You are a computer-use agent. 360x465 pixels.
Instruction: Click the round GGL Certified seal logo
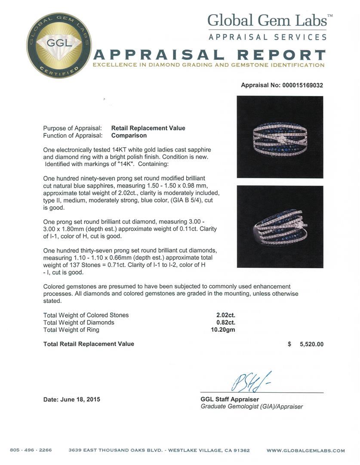[x=53, y=45]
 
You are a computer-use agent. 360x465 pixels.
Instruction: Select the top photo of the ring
[x=280, y=136]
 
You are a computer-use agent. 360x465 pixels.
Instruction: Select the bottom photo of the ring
[x=280, y=226]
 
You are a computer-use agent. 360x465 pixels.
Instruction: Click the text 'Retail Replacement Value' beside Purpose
[x=148, y=128]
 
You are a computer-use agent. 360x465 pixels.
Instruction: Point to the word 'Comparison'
[x=129, y=135]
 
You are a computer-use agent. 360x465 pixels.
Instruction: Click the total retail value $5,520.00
[x=306, y=344]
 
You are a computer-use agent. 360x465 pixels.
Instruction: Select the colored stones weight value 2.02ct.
[x=226, y=315]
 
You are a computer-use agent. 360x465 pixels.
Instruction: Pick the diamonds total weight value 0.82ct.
[x=226, y=322]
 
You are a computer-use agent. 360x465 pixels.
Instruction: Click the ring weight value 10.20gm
[x=226, y=330]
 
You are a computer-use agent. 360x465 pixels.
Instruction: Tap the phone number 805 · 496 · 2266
[x=31, y=450]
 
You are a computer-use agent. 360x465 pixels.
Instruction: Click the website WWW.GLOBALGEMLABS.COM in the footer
[x=305, y=450]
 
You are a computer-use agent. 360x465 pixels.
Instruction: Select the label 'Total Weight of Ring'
[x=71, y=330]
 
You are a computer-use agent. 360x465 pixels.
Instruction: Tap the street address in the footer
[x=159, y=450]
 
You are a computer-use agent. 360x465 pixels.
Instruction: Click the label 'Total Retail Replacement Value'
[x=89, y=344]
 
